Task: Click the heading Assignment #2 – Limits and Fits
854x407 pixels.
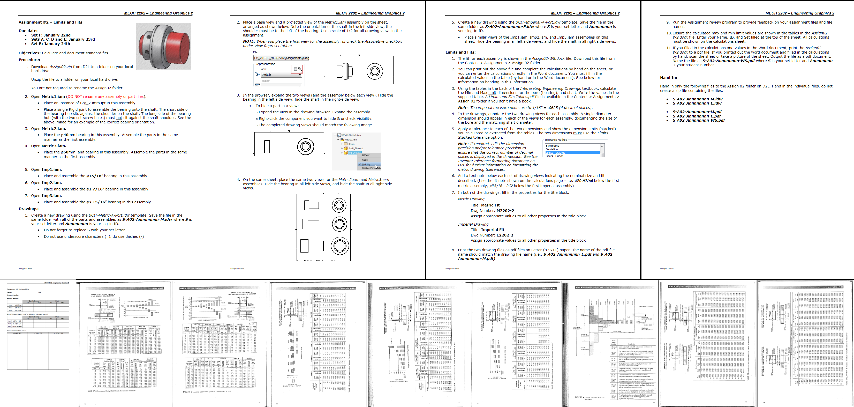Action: (50, 22)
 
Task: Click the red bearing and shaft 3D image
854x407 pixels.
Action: (164, 46)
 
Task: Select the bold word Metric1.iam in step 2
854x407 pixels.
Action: (53, 97)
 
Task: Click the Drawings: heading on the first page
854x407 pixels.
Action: (28, 209)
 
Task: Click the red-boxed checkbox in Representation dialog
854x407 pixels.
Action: (295, 69)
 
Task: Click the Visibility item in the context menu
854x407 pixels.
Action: (366, 164)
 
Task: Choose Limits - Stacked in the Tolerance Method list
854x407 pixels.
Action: (556, 153)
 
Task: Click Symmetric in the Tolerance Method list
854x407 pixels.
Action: (552, 146)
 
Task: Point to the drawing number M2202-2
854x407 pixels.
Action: (505, 211)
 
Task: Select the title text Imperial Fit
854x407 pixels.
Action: (492, 230)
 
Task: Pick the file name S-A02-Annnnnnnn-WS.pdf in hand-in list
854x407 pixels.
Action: (699, 120)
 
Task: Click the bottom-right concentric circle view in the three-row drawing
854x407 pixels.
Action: (339, 246)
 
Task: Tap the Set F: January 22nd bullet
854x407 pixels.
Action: (51, 35)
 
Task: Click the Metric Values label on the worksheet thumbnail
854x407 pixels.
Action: (13, 298)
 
